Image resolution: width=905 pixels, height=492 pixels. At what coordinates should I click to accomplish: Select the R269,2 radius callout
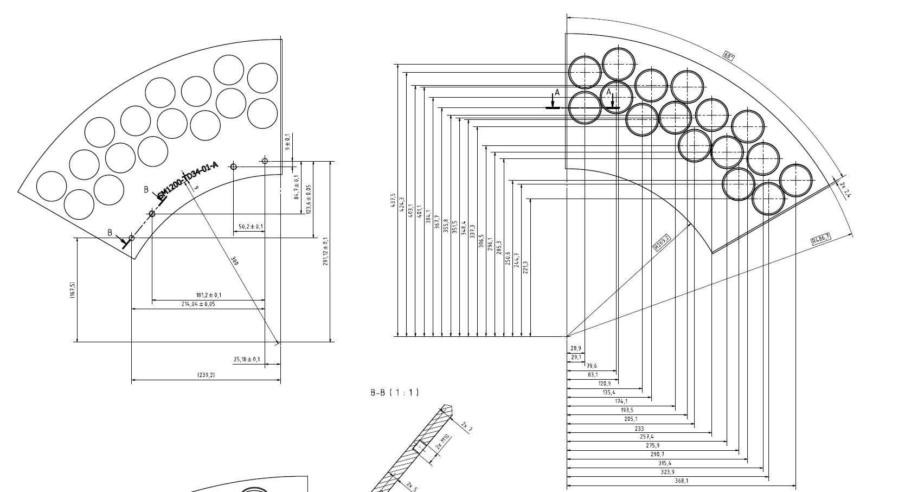click(x=662, y=242)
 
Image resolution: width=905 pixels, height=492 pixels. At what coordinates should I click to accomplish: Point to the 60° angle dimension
click(x=729, y=55)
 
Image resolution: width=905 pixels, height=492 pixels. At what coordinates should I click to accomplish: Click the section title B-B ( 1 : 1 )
click(x=395, y=392)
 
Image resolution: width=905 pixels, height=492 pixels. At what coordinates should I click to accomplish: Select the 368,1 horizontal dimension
click(x=682, y=481)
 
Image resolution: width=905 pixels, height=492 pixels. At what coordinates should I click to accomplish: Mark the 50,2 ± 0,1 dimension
click(x=251, y=226)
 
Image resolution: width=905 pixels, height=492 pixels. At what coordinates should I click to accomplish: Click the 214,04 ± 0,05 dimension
click(x=198, y=304)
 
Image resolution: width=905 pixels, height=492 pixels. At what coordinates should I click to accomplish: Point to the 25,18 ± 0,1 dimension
click(x=247, y=359)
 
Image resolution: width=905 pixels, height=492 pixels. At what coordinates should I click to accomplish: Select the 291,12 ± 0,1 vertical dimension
click(x=325, y=251)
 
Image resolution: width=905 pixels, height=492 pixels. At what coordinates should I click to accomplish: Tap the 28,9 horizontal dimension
click(x=575, y=349)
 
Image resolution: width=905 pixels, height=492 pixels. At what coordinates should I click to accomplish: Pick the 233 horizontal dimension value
click(x=639, y=429)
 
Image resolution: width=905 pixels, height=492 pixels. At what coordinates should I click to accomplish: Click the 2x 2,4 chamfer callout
click(x=845, y=190)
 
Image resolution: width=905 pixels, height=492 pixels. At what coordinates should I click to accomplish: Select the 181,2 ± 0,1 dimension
click(x=208, y=295)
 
